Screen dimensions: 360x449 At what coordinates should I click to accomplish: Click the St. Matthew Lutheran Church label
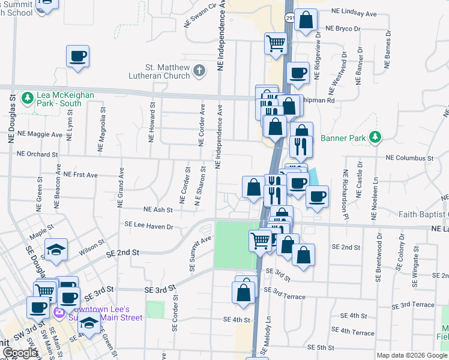coord(158,71)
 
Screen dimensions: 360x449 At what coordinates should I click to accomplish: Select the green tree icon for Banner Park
coord(375,137)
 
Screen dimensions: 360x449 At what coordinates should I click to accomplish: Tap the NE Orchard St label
coord(37,154)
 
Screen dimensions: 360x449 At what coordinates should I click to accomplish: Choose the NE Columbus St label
coord(409,158)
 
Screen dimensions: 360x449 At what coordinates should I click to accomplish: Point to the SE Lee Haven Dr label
coord(148,226)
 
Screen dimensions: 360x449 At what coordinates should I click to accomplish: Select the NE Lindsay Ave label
coord(355,13)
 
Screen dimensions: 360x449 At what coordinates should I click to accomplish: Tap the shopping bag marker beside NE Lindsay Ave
coord(306,20)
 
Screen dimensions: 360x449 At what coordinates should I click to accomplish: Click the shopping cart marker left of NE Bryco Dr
coord(276,43)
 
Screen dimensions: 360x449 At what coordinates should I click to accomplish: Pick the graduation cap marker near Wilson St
coord(56,250)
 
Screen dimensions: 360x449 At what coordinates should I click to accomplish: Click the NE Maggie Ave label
coord(40,134)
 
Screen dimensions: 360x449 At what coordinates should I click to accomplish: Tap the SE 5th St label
coord(320,347)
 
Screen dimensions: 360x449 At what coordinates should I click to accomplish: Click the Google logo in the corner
coord(20,353)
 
